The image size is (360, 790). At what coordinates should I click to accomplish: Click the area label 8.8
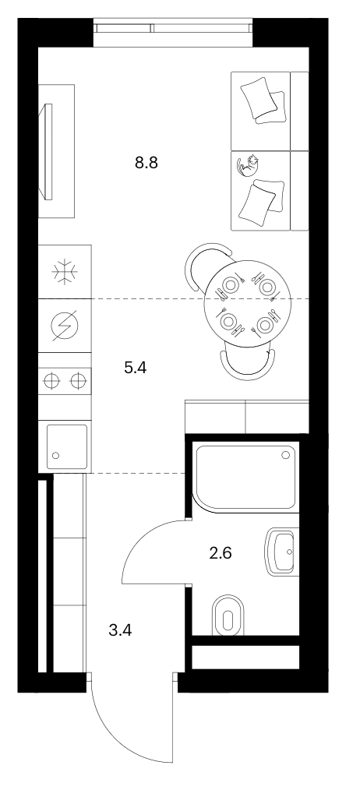146,163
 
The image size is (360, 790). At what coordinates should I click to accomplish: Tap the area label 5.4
135,368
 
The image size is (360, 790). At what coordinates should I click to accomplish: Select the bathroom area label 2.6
221,553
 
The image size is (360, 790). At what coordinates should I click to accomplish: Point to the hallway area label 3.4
121,630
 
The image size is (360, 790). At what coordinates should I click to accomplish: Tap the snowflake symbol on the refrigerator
65,272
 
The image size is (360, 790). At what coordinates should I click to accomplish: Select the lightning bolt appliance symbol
65,326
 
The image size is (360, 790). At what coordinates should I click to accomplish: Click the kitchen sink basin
66,446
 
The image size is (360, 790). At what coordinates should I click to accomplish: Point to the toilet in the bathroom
228,615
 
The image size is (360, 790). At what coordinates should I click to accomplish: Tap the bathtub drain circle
286,454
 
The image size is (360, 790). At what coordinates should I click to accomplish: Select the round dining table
248,304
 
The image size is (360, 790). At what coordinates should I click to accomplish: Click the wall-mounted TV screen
48,150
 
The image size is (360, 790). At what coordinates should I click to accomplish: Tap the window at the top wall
173,33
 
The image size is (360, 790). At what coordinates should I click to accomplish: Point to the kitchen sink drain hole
55,456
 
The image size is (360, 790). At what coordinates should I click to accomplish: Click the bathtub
246,477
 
